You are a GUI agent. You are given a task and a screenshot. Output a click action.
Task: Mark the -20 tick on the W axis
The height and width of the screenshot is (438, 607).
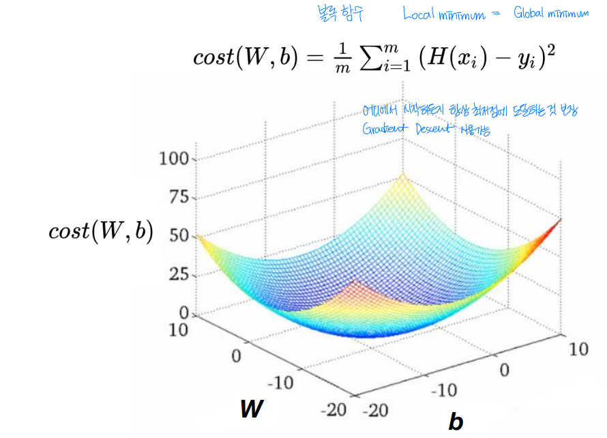332,410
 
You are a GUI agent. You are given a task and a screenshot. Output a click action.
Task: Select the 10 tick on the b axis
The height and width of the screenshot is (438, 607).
578,349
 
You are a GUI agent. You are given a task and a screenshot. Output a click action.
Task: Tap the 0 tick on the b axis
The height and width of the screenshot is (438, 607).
504,370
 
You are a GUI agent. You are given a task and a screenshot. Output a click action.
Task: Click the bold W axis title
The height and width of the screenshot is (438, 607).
252,409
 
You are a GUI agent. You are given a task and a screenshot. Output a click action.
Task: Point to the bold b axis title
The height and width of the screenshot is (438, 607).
455,422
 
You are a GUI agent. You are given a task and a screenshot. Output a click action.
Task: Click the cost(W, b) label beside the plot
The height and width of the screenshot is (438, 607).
100,232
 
